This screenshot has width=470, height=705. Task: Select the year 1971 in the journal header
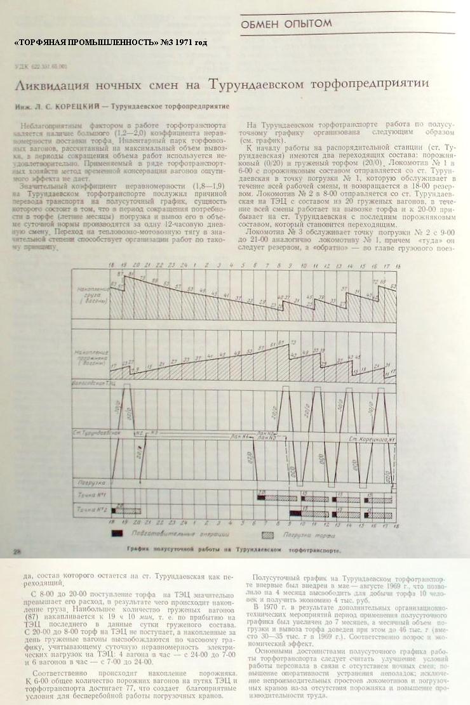(x=191, y=43)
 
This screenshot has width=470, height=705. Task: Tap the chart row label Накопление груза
(x=90, y=296)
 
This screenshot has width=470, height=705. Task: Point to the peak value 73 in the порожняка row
(x=293, y=342)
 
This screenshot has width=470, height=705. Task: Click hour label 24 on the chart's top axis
(x=182, y=263)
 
